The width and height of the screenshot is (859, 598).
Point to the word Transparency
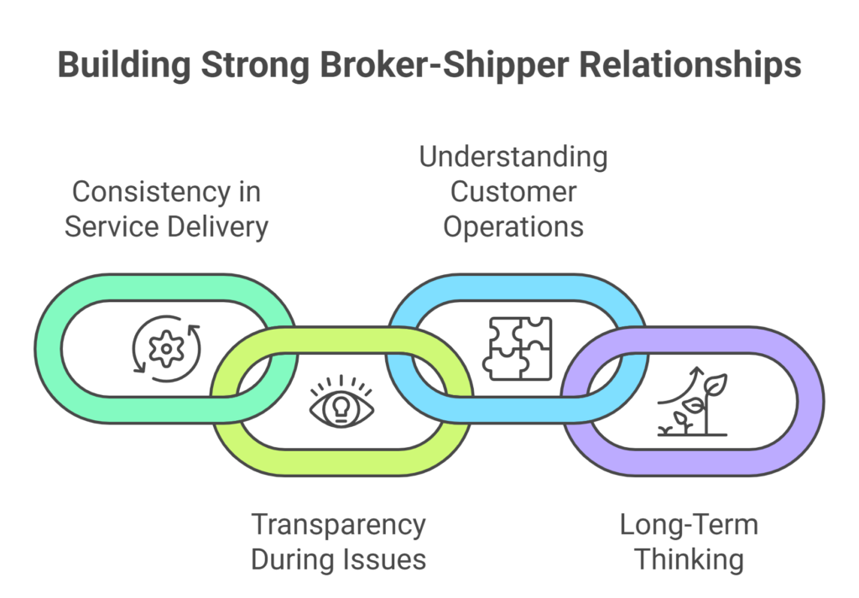click(338, 525)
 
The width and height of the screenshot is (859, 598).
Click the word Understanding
click(513, 157)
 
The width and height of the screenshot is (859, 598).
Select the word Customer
click(513, 191)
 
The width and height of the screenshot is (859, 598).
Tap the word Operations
click(513, 226)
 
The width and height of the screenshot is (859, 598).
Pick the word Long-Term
click(689, 525)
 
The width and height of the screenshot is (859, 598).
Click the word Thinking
click(689, 559)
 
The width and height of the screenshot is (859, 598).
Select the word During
click(295, 559)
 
